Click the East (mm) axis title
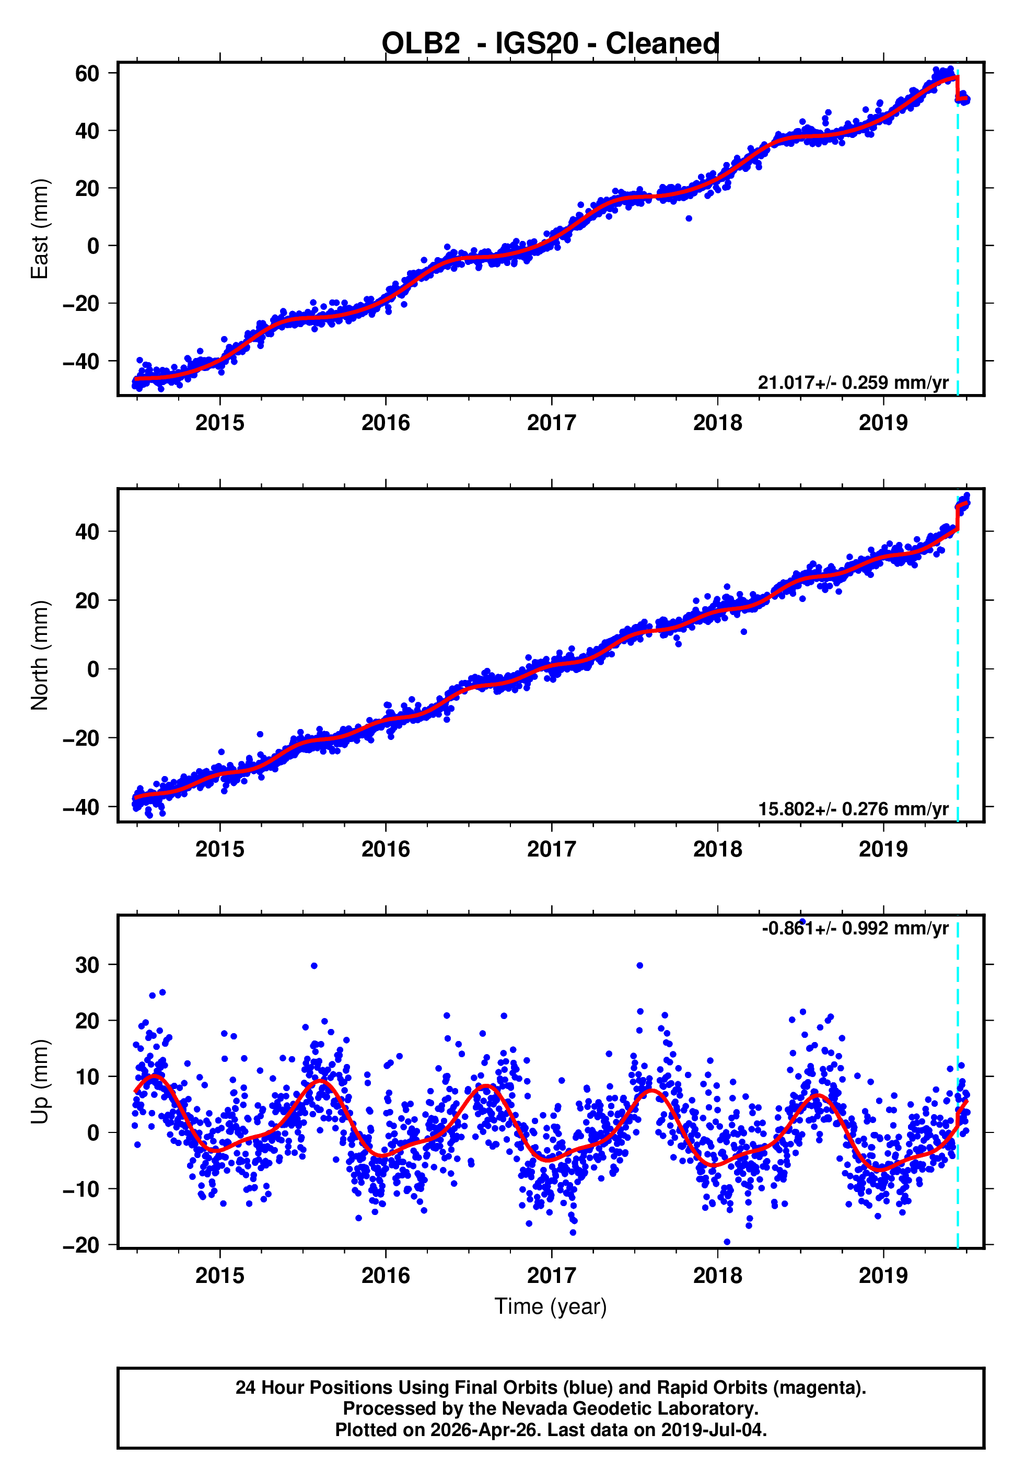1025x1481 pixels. (x=40, y=229)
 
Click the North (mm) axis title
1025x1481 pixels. (x=40, y=655)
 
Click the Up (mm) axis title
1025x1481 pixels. (x=40, y=1081)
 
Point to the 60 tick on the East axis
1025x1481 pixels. (x=87, y=73)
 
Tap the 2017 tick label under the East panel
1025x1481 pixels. (x=551, y=423)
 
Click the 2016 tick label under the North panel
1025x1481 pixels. (x=386, y=849)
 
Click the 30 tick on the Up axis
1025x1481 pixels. (x=87, y=965)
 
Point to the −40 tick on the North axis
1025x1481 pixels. (x=81, y=807)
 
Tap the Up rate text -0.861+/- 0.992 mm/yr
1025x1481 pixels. (x=854, y=929)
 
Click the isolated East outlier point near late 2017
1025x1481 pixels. (x=689, y=218)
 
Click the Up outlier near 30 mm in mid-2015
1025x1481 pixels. (x=314, y=966)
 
